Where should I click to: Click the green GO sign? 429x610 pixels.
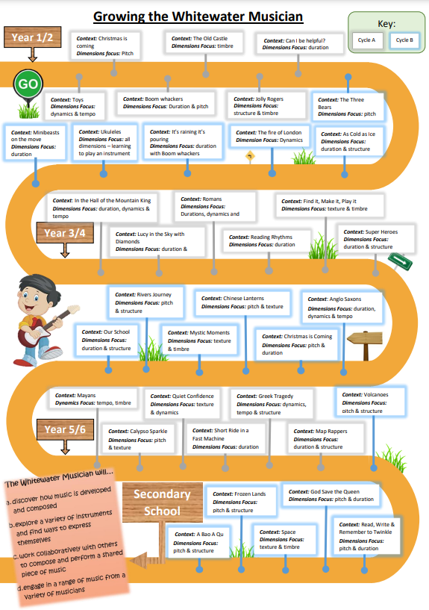[28, 84]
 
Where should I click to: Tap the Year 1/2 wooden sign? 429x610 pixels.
[33, 37]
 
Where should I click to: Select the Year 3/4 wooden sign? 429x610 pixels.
[65, 233]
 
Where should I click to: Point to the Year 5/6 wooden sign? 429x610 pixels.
[66, 429]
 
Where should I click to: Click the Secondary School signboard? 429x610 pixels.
[163, 502]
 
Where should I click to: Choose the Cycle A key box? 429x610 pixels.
[367, 40]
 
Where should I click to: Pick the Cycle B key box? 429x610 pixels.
[404, 40]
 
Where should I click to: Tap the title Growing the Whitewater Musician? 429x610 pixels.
[198, 16]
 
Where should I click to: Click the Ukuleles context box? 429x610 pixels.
[104, 143]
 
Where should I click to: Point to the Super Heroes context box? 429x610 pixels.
[376, 239]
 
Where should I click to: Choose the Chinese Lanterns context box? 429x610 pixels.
[243, 302]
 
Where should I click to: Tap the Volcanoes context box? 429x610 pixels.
[371, 402]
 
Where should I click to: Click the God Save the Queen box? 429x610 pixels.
[331, 495]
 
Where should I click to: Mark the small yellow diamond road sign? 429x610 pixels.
[250, 157]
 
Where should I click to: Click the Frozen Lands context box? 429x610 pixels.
[241, 502]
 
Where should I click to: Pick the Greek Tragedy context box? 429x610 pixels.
[272, 404]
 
